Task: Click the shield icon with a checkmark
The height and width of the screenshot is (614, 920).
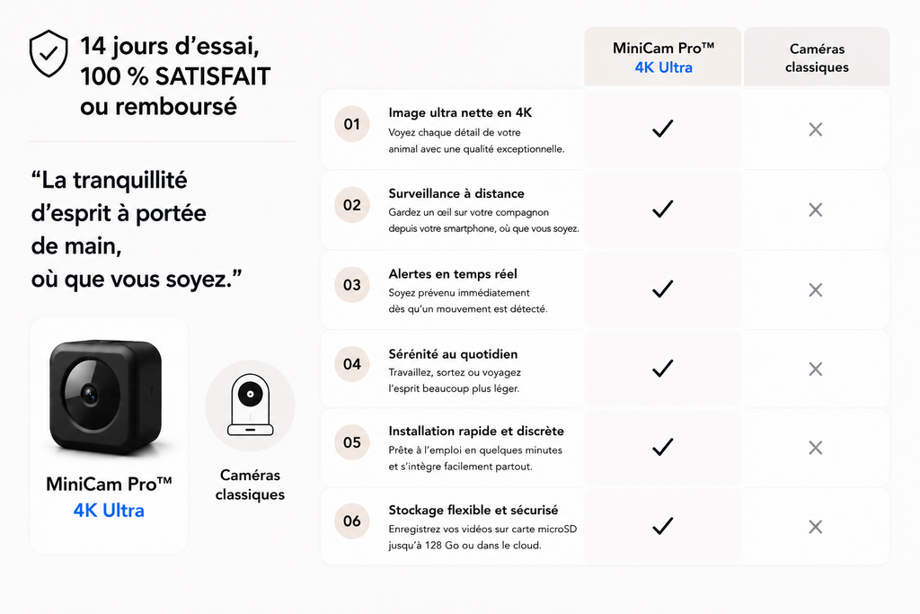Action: pos(49,53)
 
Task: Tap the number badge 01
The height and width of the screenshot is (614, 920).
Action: pos(352,124)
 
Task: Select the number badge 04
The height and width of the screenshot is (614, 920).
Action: pos(352,364)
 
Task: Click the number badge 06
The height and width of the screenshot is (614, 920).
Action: pos(352,521)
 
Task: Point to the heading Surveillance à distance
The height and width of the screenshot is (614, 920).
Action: pos(456,193)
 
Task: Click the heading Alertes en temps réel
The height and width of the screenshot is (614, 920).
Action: pos(453,274)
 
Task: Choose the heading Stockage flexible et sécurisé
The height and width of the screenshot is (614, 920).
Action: pos(473,510)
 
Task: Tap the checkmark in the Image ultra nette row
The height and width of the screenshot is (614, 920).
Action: pos(662,129)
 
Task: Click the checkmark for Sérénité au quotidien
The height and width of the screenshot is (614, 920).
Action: pos(662,368)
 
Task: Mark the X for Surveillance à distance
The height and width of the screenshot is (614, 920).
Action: pos(816,209)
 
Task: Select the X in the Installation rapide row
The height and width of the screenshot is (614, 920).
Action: pos(816,448)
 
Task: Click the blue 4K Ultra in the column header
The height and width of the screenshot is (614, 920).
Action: pos(664,67)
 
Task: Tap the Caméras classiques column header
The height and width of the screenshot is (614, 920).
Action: pos(817,58)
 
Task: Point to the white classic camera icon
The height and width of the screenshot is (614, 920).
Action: pos(251,405)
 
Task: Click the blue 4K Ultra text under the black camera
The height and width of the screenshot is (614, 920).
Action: pos(109,510)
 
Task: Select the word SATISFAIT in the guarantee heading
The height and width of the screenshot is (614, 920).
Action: pos(212,76)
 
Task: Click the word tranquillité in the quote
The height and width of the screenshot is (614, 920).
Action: pos(130,180)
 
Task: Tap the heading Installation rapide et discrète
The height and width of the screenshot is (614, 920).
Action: pos(476,431)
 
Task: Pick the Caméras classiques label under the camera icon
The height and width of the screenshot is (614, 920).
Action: pos(250,485)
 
